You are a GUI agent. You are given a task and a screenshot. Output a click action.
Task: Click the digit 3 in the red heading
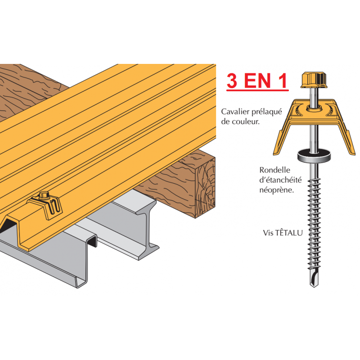(x=232, y=81)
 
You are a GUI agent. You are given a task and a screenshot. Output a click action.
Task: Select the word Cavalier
(x=235, y=112)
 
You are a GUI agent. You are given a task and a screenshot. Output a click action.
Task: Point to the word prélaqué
(x=267, y=112)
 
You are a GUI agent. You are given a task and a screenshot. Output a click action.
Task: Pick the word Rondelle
(x=274, y=170)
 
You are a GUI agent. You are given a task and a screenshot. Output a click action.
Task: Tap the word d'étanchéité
(x=280, y=180)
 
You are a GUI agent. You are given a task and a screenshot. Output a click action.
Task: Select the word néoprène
(x=277, y=190)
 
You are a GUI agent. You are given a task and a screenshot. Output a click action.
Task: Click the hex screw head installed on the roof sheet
(x=44, y=196)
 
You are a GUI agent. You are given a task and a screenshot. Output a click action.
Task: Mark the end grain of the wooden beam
(x=205, y=188)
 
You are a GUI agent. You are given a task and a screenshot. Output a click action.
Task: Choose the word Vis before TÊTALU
(x=268, y=233)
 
